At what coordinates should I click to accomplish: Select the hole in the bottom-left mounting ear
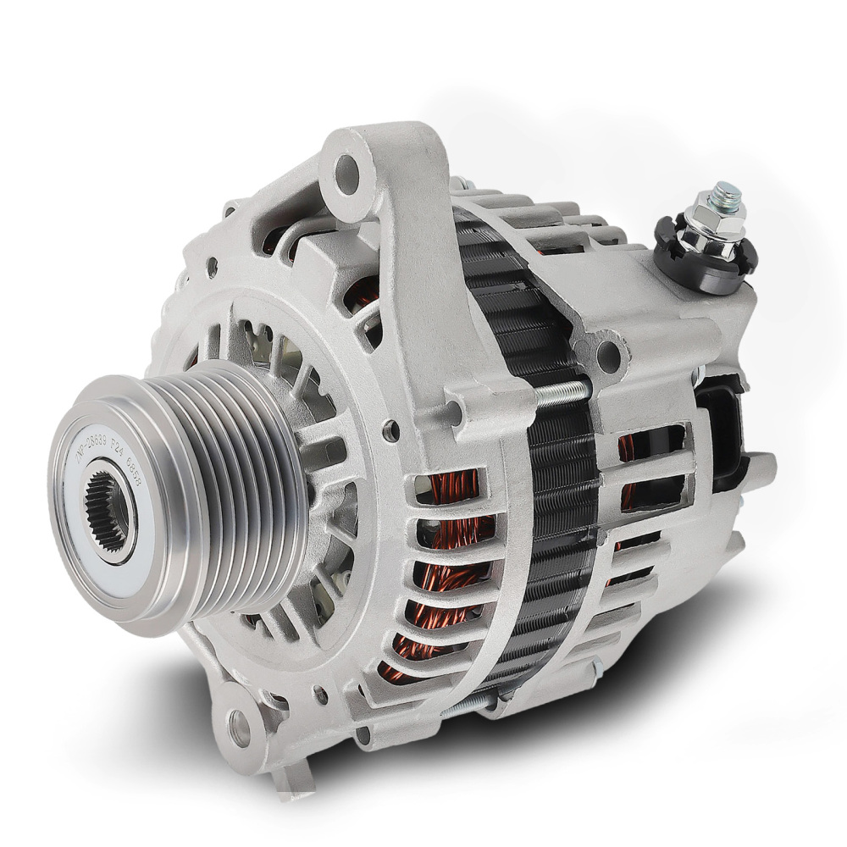click(239, 725)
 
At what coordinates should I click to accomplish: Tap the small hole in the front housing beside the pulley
click(390, 430)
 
